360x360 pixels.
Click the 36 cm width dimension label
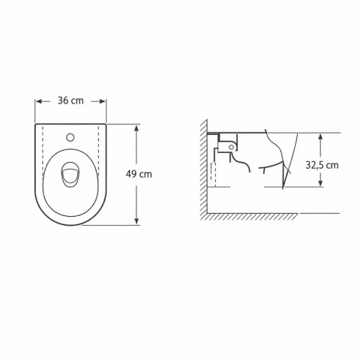[70, 100]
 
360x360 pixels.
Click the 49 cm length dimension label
[139, 174]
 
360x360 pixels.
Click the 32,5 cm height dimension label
[322, 165]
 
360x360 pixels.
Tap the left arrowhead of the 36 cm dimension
[38, 101]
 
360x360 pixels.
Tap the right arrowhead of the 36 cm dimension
[103, 101]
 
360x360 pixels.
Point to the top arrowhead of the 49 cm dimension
[136, 127]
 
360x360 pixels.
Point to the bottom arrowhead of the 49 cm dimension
[136, 221]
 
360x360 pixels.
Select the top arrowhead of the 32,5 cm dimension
[321, 136]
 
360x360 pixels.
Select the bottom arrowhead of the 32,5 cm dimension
[321, 183]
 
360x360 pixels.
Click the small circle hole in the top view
[70, 137]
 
